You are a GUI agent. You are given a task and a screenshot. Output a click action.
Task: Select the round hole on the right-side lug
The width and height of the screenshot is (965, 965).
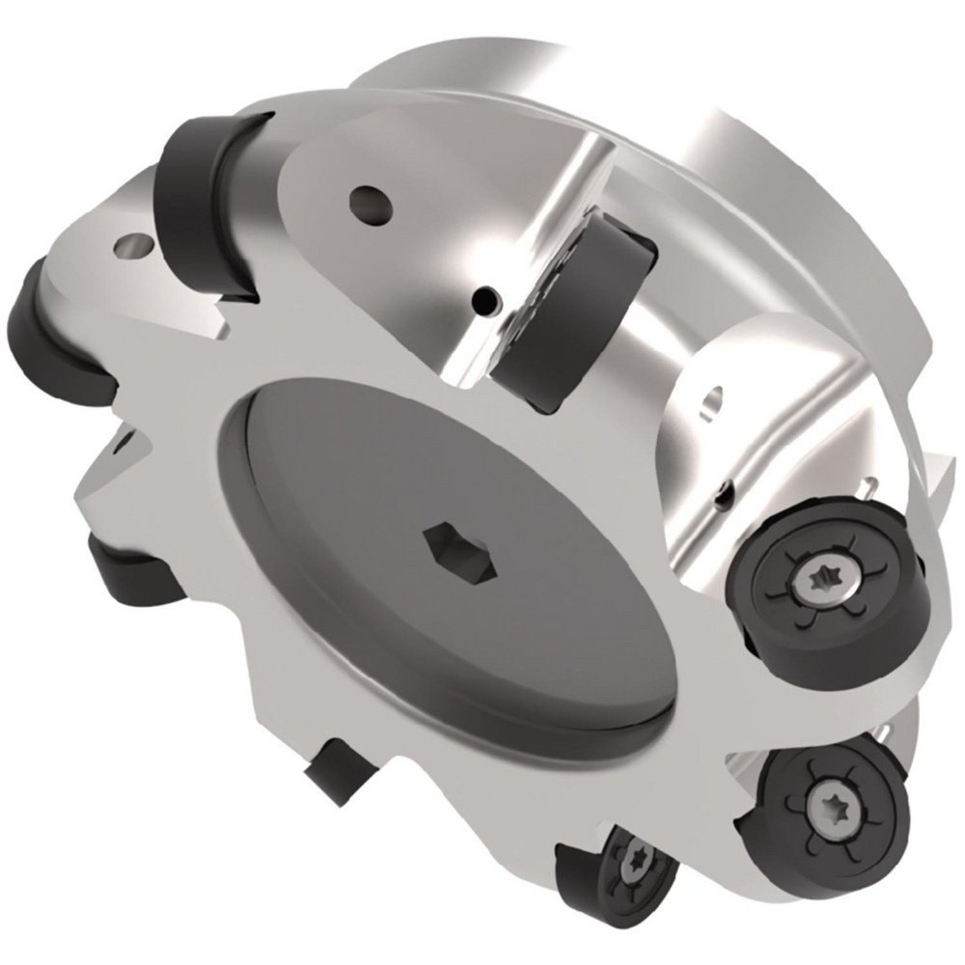[x=713, y=398]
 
